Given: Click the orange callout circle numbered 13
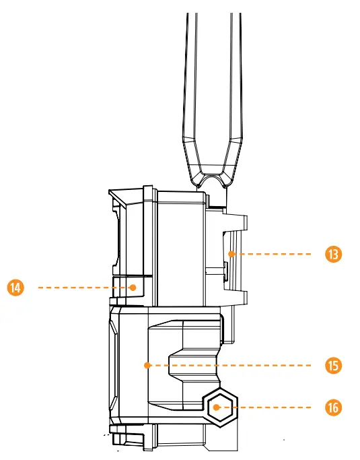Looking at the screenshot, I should [332, 255].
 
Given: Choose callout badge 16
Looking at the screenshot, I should [332, 407].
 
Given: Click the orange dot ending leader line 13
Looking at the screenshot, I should [230, 255].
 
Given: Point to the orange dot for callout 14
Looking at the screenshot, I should [134, 287].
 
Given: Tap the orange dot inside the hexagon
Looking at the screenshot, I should [217, 407].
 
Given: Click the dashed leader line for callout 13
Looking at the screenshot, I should [276, 255].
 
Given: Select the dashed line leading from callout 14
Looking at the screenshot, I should [81, 287].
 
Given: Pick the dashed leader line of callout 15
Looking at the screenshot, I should [236, 365].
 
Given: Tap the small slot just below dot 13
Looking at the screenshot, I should [225, 271].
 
